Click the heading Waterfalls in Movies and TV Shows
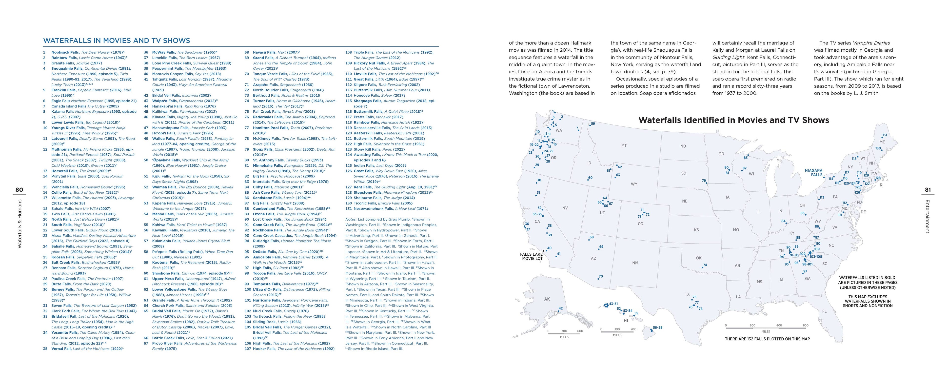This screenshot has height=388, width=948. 117,41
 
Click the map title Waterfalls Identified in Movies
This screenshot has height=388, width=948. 733,120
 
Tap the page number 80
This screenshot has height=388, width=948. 19,190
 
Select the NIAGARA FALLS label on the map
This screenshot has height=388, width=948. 813,173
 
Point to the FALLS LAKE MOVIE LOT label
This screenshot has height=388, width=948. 532,256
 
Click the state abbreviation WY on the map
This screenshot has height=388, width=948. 634,184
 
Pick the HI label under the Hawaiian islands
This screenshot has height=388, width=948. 626,321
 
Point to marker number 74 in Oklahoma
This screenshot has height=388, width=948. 705,265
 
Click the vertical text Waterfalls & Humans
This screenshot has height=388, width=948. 20,224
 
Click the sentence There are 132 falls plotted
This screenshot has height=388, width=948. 767,339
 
